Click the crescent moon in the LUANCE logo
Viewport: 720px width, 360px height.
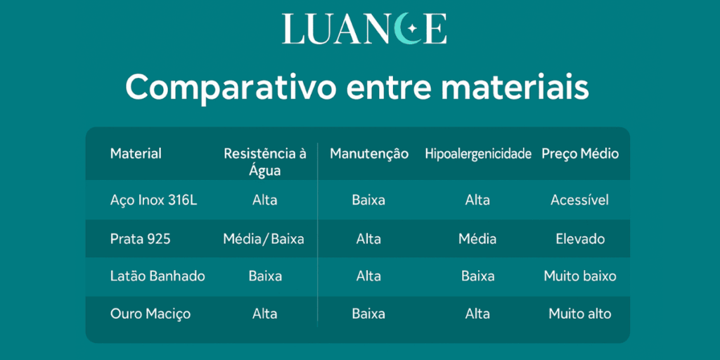point(406,29)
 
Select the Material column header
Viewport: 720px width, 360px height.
point(136,153)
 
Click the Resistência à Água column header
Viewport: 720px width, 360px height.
point(264,161)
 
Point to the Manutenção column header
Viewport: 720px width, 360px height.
point(369,153)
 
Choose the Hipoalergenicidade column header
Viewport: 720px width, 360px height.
point(477,153)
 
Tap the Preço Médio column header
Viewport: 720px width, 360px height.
point(580,153)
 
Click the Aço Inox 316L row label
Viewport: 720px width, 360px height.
point(153,200)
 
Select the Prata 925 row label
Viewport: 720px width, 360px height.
point(141,239)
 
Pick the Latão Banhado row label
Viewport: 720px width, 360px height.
point(157,276)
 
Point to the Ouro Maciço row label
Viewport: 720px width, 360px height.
point(150,314)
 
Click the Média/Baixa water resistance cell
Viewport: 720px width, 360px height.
point(264,239)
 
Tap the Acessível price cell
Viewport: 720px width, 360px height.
point(579,200)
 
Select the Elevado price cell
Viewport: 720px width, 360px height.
point(580,239)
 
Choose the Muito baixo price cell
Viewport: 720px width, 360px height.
point(580,276)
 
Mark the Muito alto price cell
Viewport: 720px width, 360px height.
point(580,314)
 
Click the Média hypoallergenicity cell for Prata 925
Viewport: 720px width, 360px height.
point(477,239)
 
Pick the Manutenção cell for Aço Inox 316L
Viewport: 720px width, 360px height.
point(368,200)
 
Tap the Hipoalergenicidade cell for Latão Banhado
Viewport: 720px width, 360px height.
point(477,276)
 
